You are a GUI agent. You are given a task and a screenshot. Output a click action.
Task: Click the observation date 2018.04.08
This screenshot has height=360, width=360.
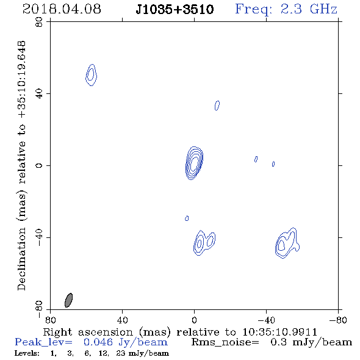[62, 9]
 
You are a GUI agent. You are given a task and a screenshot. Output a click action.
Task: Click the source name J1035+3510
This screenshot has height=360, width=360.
[175, 9]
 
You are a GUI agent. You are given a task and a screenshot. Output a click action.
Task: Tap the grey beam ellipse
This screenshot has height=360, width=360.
[69, 300]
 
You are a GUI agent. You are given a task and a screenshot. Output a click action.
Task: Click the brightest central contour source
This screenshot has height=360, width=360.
[194, 163]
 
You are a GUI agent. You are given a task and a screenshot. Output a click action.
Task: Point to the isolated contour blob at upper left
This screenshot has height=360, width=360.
[91, 75]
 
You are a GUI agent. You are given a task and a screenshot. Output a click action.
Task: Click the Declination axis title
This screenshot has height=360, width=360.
[21, 165]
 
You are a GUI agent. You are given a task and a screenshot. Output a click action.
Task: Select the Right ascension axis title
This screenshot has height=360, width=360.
[180, 332]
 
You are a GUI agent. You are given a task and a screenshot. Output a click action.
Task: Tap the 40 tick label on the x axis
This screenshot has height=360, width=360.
[122, 320]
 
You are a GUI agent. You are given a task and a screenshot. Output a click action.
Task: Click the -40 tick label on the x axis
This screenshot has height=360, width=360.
[266, 320]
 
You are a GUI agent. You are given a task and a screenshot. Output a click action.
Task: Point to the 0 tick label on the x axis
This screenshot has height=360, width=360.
[194, 320]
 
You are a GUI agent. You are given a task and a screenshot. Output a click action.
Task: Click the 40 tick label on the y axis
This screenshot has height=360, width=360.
[39, 94]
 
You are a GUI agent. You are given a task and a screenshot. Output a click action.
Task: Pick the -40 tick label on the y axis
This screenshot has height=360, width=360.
[39, 237]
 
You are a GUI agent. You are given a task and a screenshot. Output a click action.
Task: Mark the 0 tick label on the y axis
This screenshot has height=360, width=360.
[39, 165]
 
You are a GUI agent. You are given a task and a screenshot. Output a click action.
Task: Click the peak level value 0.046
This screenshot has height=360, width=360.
[98, 342]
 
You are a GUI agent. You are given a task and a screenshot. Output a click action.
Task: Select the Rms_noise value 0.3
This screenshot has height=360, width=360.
[279, 342]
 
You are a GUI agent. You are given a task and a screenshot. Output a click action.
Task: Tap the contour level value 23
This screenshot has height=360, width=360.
[120, 353]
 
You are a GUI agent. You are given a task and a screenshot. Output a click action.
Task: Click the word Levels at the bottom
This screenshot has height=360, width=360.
[27, 353]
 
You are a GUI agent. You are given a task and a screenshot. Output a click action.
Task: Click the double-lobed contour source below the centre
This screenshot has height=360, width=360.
[204, 243]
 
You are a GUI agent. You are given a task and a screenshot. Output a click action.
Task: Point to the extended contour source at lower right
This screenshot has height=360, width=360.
[287, 243]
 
